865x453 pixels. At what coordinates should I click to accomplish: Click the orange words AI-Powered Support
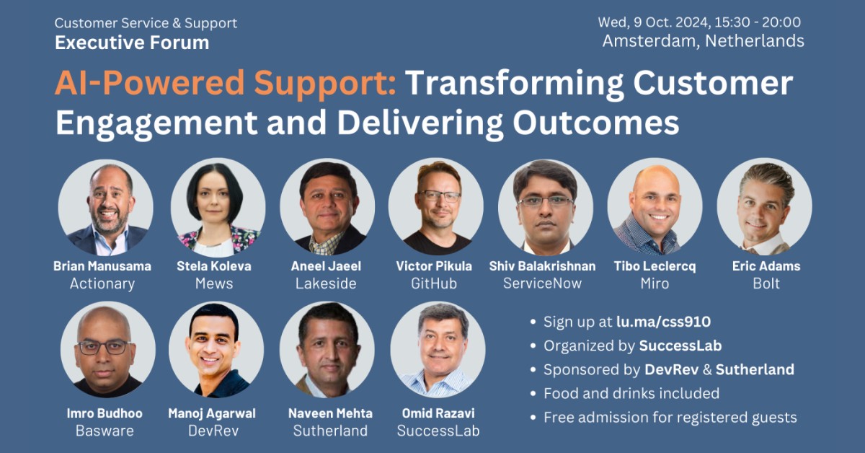[225, 84]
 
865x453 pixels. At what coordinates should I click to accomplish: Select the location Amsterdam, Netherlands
[703, 41]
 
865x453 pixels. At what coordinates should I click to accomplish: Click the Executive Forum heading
[132, 43]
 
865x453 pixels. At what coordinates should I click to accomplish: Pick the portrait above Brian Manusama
[106, 208]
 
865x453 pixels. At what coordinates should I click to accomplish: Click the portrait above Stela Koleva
[218, 208]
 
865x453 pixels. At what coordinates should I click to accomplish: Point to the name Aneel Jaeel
[326, 266]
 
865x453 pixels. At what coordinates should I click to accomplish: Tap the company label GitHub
[434, 283]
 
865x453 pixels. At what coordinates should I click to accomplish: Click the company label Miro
[655, 283]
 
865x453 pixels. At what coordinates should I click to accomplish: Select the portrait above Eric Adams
[765, 208]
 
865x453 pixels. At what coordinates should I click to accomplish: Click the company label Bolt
[766, 283]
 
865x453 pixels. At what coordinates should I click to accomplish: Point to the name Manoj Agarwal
[212, 413]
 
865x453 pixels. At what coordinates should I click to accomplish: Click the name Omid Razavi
[438, 413]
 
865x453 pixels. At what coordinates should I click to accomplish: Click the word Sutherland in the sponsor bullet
[755, 370]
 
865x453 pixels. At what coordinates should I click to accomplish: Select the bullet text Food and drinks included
[631, 393]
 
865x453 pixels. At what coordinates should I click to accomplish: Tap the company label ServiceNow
[542, 283]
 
